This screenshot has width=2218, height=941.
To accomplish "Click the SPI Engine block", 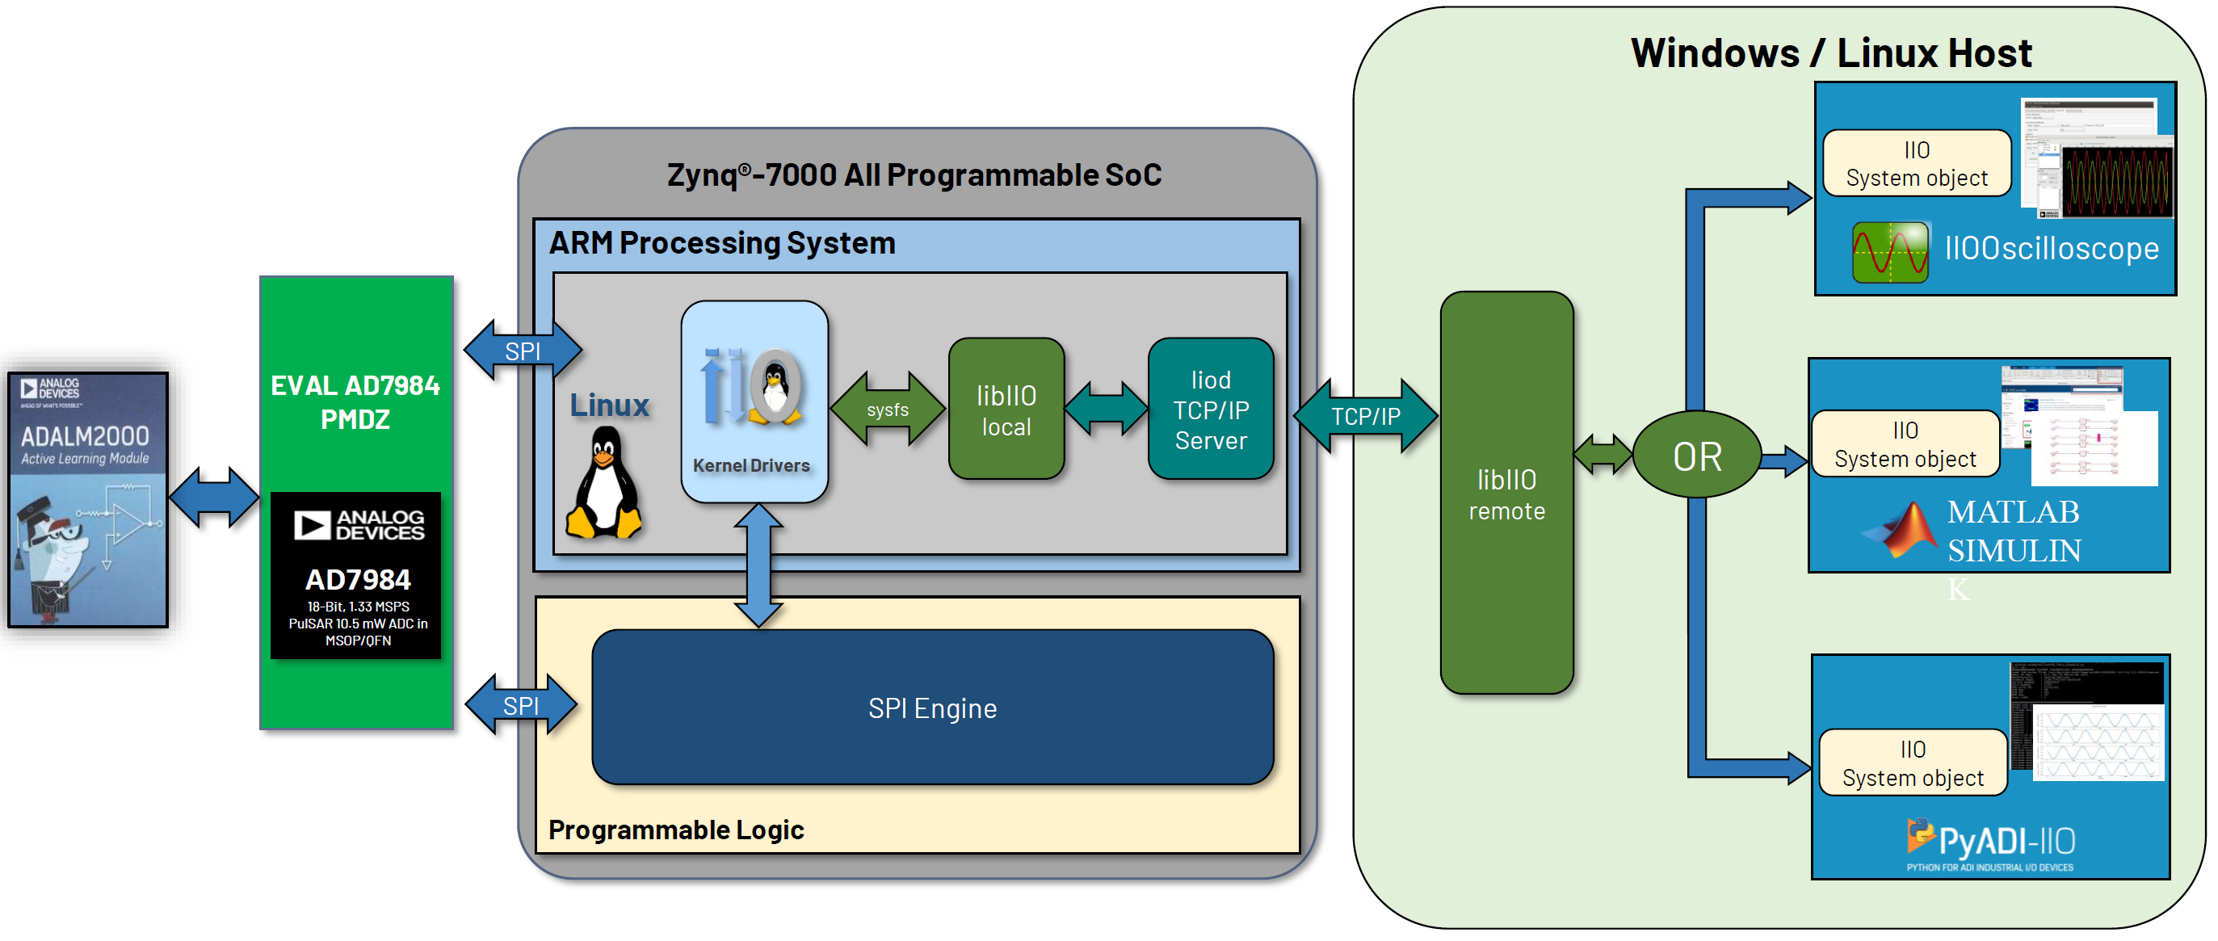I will pos(931,708).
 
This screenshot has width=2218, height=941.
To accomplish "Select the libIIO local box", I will pos(1006,410).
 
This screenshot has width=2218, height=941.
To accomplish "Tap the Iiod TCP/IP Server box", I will pos(1210,410).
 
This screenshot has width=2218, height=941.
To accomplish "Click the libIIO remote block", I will pos(1506,494).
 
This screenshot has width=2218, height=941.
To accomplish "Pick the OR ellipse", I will pos(1696,456).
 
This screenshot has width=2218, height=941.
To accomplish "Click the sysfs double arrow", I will pos(887,410).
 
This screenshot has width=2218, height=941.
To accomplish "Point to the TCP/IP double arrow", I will pos(1365,417).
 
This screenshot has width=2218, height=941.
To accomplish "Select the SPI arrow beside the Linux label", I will pos(523,351).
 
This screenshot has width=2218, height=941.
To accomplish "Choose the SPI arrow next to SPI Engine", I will pos(521,705).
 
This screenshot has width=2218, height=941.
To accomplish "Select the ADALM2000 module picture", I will pos(88,500).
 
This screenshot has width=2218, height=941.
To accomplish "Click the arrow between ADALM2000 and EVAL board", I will pos(213,497).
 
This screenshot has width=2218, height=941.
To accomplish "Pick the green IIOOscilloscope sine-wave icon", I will pos(1889,252).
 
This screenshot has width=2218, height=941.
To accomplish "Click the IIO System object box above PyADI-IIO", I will pos(1913,762).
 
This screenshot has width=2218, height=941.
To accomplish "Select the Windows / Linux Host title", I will pos(1830,53).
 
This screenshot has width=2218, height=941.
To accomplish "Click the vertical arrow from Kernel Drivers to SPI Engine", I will pos(758,565).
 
